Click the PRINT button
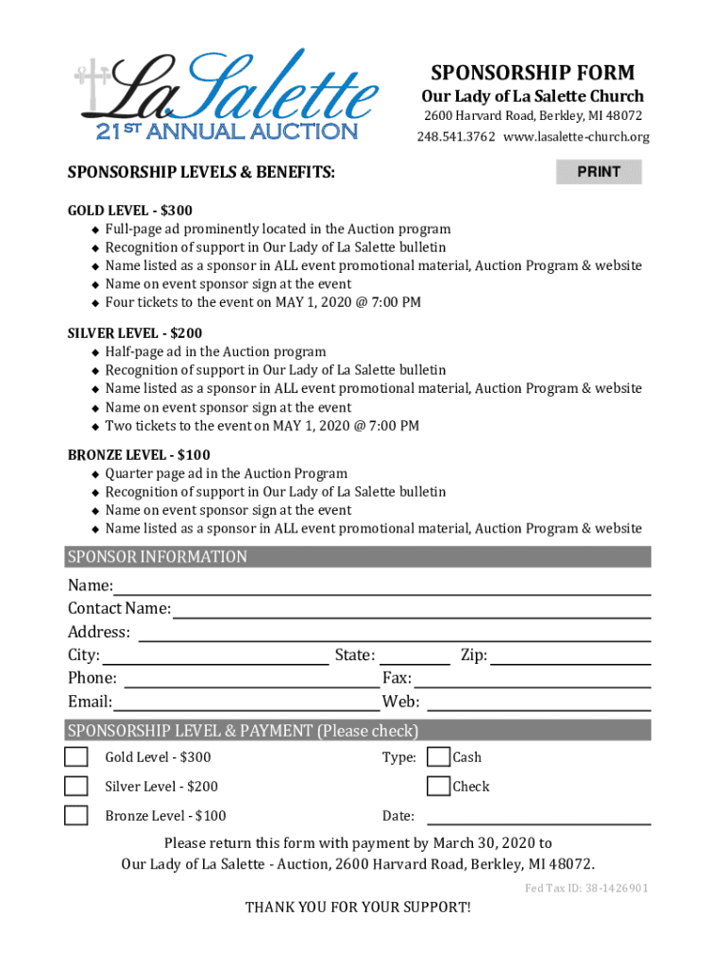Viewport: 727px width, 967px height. coord(599,172)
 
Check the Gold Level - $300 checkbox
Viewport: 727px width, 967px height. coord(76,756)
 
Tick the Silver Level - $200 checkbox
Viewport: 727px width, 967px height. coord(76,786)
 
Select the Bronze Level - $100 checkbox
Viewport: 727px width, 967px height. coord(76,815)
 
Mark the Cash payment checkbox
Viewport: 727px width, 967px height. coord(438,756)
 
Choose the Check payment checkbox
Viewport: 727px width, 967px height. coord(438,786)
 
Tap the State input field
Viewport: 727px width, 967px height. coord(414,655)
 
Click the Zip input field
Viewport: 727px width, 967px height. coord(570,655)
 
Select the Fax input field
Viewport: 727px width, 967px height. coord(533,678)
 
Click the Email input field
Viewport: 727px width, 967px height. coord(245,702)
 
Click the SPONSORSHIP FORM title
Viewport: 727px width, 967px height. coord(533,73)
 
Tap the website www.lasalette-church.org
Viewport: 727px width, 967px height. coord(576,138)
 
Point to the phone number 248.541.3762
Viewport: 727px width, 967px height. coord(456,138)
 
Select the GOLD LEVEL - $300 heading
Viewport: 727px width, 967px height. coord(130,211)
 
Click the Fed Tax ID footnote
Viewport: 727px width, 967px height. coord(586,889)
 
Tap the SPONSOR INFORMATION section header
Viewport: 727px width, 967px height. coord(157,557)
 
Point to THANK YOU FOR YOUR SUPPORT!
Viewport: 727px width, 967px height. coord(358,908)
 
